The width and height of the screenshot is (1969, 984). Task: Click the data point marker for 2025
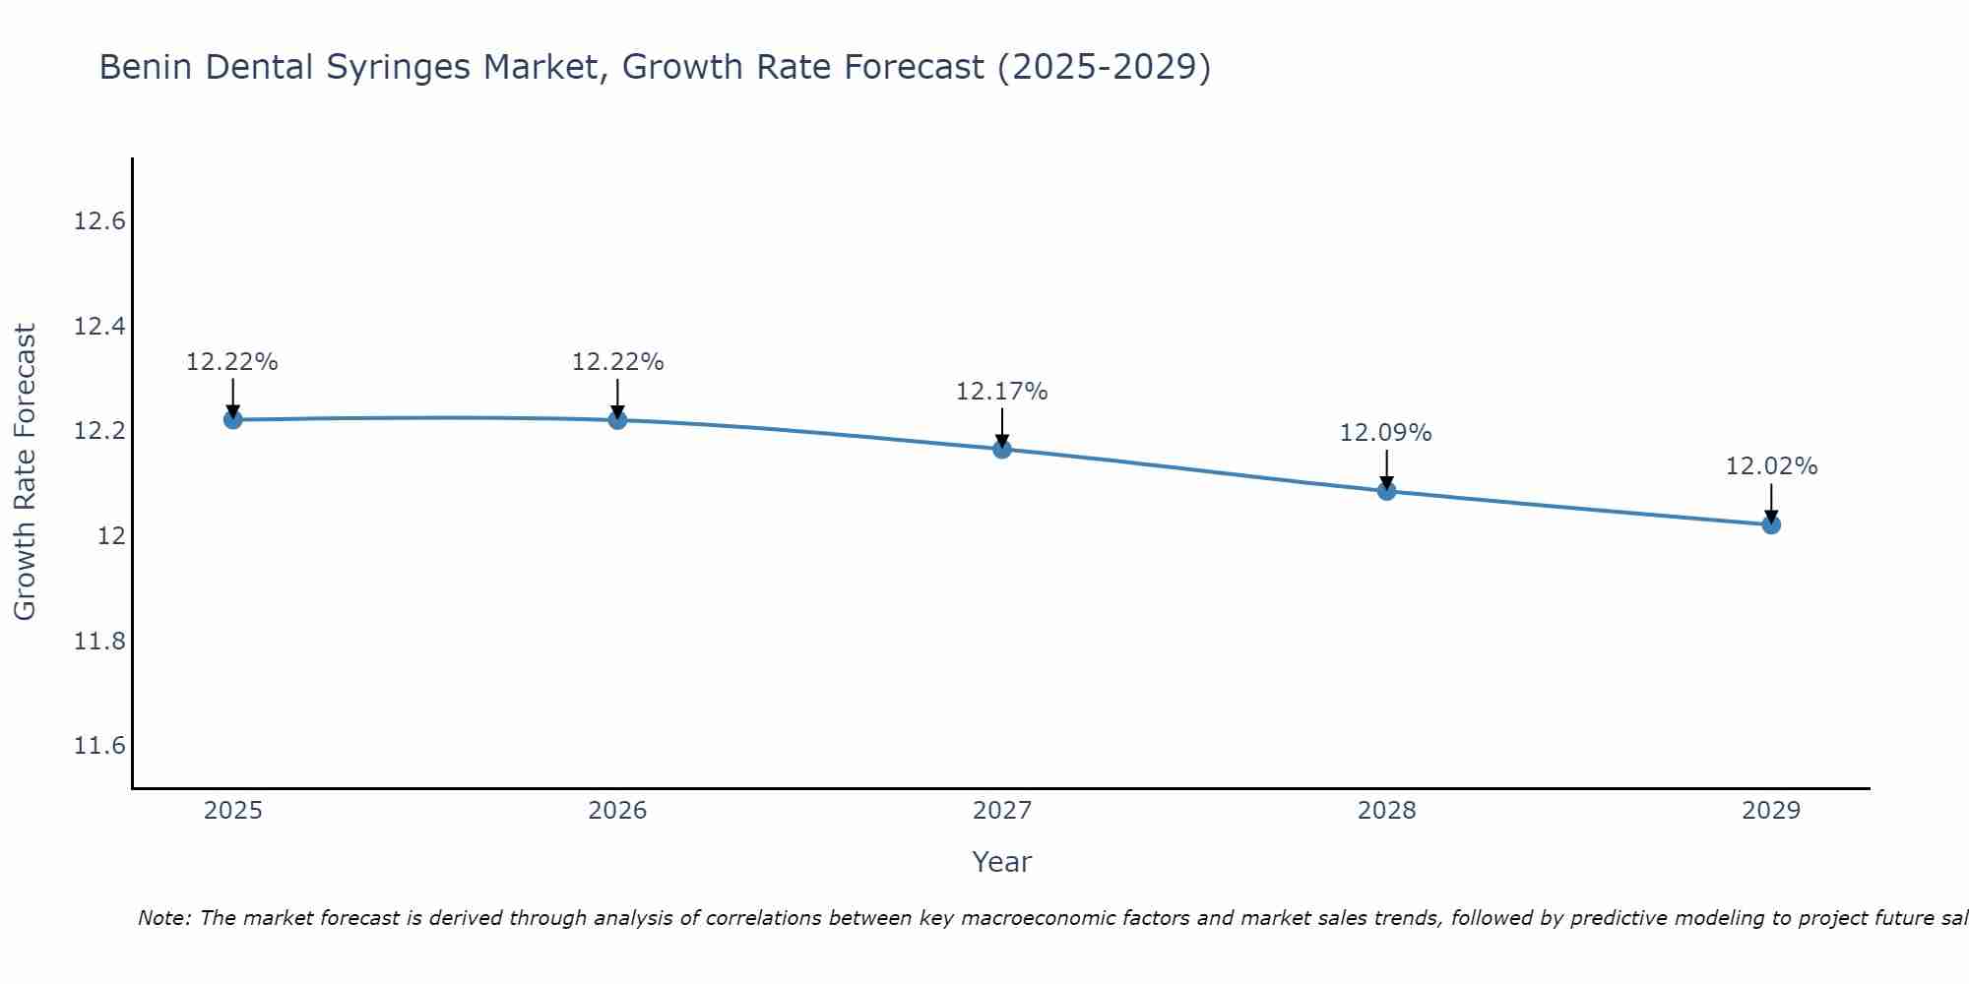click(232, 420)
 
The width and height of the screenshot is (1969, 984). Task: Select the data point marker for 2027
click(1002, 450)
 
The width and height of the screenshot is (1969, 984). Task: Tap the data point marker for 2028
click(1386, 491)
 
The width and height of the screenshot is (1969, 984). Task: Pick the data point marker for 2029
click(1771, 524)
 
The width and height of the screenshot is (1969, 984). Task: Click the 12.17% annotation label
click(1001, 392)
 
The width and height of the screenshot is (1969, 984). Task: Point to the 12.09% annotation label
click(1385, 433)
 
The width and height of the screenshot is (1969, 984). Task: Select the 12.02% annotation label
click(1771, 466)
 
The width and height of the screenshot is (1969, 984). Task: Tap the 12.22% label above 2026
click(617, 362)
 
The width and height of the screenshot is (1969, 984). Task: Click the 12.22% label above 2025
click(232, 362)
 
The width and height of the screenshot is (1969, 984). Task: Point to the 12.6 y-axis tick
click(99, 221)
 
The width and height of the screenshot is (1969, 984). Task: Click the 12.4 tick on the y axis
click(99, 326)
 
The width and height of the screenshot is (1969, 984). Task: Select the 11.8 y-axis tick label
click(99, 642)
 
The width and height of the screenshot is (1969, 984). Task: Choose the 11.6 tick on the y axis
click(99, 746)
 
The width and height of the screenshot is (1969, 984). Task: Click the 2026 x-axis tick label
click(617, 811)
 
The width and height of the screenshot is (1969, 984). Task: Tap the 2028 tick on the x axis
click(1386, 811)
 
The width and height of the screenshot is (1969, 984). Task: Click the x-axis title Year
click(1001, 862)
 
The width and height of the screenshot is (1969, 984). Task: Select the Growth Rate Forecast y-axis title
click(26, 472)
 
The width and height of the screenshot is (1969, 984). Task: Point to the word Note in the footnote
click(164, 918)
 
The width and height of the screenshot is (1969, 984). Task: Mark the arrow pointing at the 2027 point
click(1002, 428)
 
